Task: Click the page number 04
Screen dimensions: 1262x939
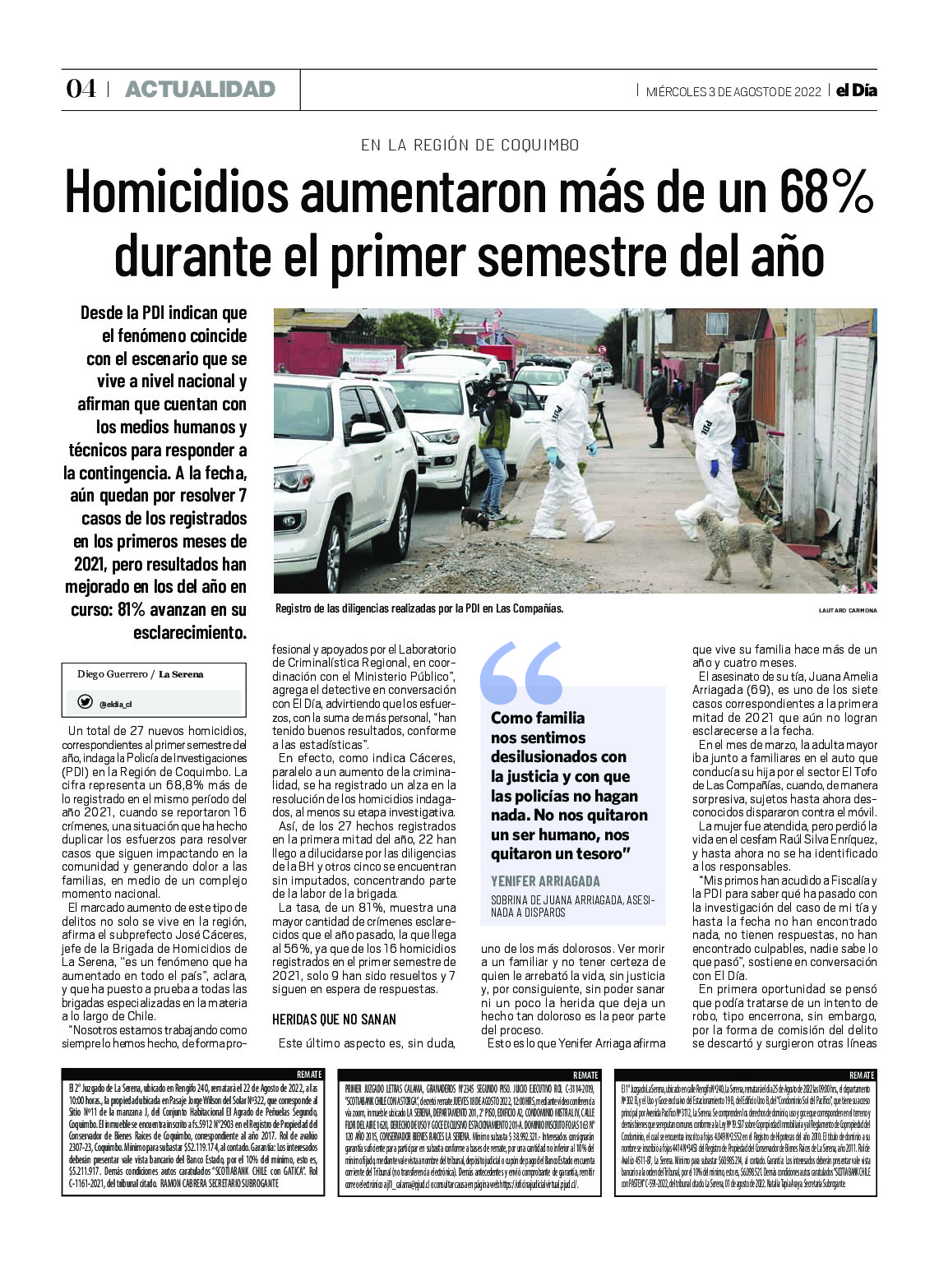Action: (x=81, y=89)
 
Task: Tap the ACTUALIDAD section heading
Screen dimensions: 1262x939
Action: (x=200, y=89)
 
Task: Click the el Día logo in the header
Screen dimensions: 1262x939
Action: (x=856, y=90)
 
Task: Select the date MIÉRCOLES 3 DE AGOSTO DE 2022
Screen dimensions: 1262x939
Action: (x=733, y=91)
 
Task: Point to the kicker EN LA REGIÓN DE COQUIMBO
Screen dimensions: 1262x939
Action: (x=469, y=145)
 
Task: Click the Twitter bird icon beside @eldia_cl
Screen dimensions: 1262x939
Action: (x=85, y=703)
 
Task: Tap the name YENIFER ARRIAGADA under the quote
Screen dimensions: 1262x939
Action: (x=545, y=881)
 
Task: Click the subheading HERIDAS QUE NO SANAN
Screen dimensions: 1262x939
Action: (x=334, y=1019)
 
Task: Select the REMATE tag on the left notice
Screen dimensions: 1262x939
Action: (x=309, y=1075)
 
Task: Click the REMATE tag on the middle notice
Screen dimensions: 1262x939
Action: (x=585, y=1075)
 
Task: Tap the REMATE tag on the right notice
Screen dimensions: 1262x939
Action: (x=862, y=1075)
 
